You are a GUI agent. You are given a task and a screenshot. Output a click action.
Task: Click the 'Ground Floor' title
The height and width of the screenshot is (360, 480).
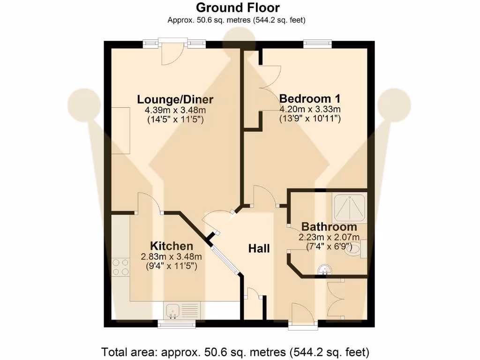coord(238,8)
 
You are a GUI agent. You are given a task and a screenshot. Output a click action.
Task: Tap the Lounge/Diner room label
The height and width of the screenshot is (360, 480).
coord(175,99)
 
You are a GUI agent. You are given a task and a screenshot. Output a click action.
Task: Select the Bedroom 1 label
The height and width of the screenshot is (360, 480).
coord(309,99)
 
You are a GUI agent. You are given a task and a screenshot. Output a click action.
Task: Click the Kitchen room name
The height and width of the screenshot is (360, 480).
coord(171,246)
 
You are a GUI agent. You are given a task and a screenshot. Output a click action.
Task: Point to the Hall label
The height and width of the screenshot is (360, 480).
coord(259,248)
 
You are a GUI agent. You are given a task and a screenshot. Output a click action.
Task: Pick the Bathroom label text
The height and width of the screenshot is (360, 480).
coord(329,227)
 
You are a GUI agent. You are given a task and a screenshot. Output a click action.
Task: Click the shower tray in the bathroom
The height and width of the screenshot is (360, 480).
coord(349,207)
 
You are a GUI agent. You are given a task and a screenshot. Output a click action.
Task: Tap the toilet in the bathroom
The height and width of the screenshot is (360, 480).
coord(355,250)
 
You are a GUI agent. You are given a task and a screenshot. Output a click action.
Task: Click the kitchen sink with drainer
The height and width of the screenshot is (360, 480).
coord(182,310)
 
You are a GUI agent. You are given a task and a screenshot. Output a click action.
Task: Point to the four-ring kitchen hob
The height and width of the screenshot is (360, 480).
coord(121,267)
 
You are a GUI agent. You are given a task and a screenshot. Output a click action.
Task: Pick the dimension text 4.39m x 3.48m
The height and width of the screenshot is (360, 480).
coord(175,110)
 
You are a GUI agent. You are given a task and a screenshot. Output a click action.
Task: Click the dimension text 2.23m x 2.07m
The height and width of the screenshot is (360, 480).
coord(329,237)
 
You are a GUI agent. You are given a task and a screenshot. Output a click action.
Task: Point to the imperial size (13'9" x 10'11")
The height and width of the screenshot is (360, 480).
coord(309,119)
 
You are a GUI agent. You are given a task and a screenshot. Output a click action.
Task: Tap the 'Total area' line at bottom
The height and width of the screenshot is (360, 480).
coord(236,351)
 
